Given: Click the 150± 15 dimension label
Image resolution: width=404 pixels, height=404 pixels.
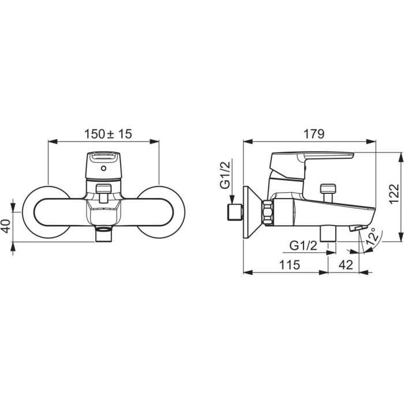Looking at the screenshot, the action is (109, 134).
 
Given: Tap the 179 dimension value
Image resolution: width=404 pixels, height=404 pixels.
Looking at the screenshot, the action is (314, 134).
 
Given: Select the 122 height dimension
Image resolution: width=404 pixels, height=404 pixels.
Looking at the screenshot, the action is (394, 193).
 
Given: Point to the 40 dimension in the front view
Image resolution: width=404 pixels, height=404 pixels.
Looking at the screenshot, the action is (7, 226).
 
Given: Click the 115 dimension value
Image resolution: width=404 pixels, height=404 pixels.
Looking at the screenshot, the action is (290, 264).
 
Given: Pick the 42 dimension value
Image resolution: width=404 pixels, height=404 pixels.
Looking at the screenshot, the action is (346, 264).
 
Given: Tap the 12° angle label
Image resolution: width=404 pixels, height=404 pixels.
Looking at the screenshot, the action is (373, 236).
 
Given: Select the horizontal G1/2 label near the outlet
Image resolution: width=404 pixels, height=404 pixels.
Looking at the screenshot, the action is (303, 245).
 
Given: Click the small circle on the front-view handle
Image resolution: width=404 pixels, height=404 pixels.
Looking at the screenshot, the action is (103, 169).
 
